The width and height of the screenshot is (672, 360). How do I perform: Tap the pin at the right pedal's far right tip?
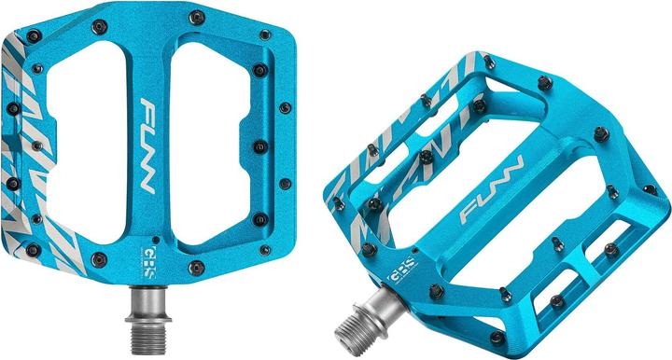click(650, 189)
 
